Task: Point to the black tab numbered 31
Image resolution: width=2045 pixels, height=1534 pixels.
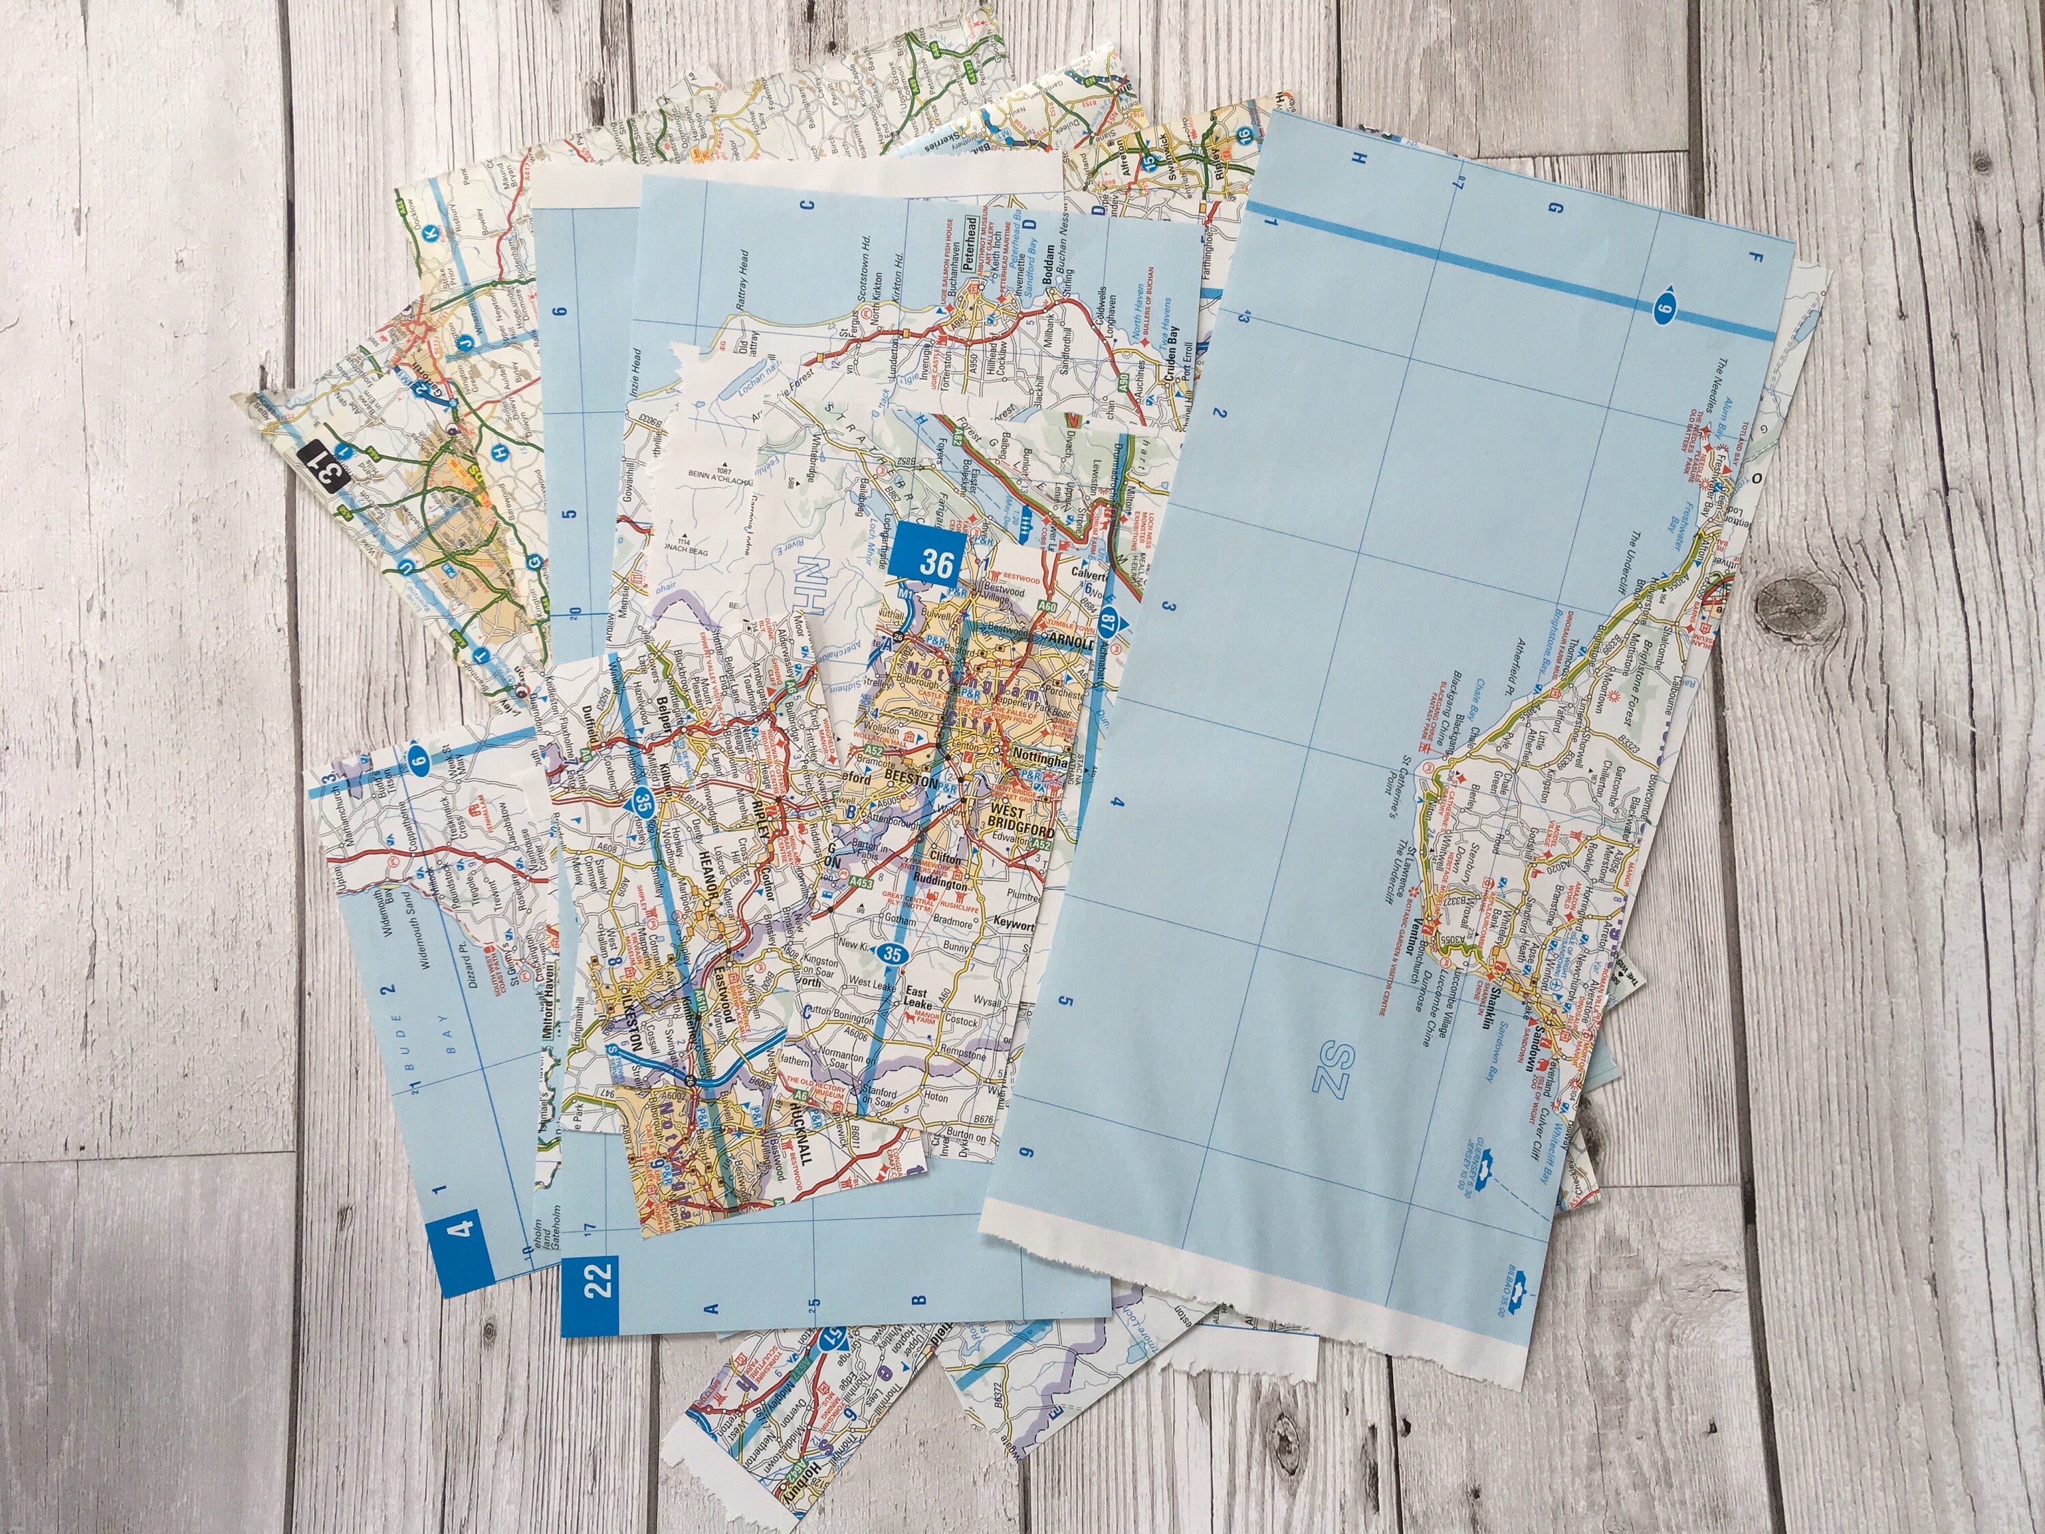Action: tap(327, 469)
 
